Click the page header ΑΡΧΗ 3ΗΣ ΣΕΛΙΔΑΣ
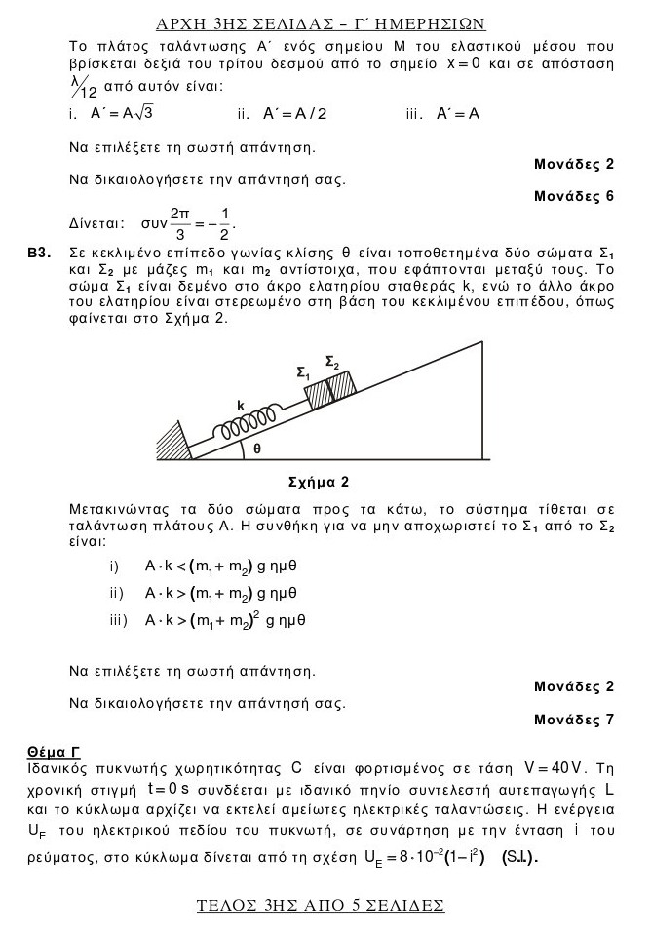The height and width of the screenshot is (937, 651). (x=321, y=22)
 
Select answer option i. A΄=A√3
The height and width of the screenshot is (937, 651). (x=112, y=113)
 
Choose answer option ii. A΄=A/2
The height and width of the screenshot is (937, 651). (x=282, y=113)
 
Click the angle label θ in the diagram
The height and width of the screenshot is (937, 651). (x=257, y=449)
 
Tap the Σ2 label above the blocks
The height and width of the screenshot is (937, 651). (x=332, y=363)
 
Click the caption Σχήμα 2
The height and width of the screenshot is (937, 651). (x=320, y=481)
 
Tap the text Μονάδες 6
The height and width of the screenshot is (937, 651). (x=574, y=196)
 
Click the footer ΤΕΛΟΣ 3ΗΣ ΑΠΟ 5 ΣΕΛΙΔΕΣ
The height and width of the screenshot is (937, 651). (x=321, y=905)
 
